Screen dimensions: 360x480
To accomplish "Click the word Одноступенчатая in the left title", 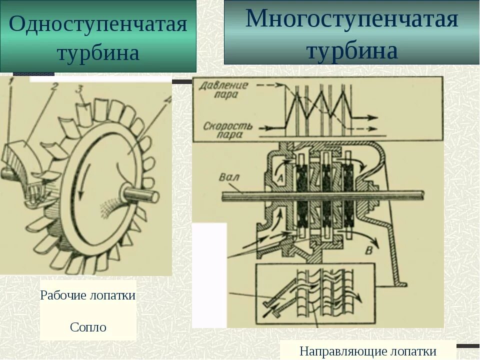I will tap(98, 23).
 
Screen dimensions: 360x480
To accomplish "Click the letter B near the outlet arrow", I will tap(369, 250).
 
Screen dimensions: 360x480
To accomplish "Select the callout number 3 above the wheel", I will tap(79, 90).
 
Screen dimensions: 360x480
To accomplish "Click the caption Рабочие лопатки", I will tap(88, 295).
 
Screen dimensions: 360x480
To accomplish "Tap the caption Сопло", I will tap(88, 327).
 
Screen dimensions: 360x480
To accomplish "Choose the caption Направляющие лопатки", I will tap(368, 351).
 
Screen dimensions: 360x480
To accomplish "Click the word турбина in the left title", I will tap(98, 53).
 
